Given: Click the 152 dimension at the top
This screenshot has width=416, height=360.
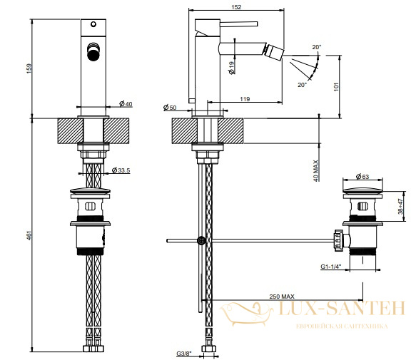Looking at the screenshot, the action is pos(236,7).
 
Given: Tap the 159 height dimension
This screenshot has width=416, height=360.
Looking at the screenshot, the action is pos(29,68).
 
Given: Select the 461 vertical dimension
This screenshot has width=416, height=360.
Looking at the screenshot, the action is pos(29,235).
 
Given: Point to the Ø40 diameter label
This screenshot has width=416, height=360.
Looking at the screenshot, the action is pos(126,104).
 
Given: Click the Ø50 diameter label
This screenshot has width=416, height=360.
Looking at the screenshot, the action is pos(170,108).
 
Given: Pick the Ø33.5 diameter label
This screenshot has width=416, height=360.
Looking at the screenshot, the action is pos(121,170).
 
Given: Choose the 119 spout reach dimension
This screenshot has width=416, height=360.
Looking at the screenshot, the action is pos(245,99).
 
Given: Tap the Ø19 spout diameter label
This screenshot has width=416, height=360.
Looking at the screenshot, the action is pos(232,68).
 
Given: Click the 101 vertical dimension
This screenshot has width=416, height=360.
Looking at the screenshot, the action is pos(336,87).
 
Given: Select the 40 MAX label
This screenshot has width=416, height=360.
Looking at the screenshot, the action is pos(315,170).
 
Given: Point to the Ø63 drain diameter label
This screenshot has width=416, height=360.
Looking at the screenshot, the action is pos(362,176).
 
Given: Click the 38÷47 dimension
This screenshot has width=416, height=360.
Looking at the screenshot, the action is pos(400,206).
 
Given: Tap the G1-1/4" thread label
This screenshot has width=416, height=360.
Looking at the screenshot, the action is pos(330,267).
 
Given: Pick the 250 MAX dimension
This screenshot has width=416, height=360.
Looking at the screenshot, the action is pos(282,297).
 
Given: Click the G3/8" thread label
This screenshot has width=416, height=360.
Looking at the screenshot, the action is pos(184,354).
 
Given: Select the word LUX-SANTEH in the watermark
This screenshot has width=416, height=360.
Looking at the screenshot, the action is pos(343,309).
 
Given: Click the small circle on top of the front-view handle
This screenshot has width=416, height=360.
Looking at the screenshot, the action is pos(93,24).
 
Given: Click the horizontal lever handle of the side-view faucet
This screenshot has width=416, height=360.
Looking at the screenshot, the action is pos(239,24).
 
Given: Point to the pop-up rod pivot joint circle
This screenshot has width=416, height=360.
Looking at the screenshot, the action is pos(201,241).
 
